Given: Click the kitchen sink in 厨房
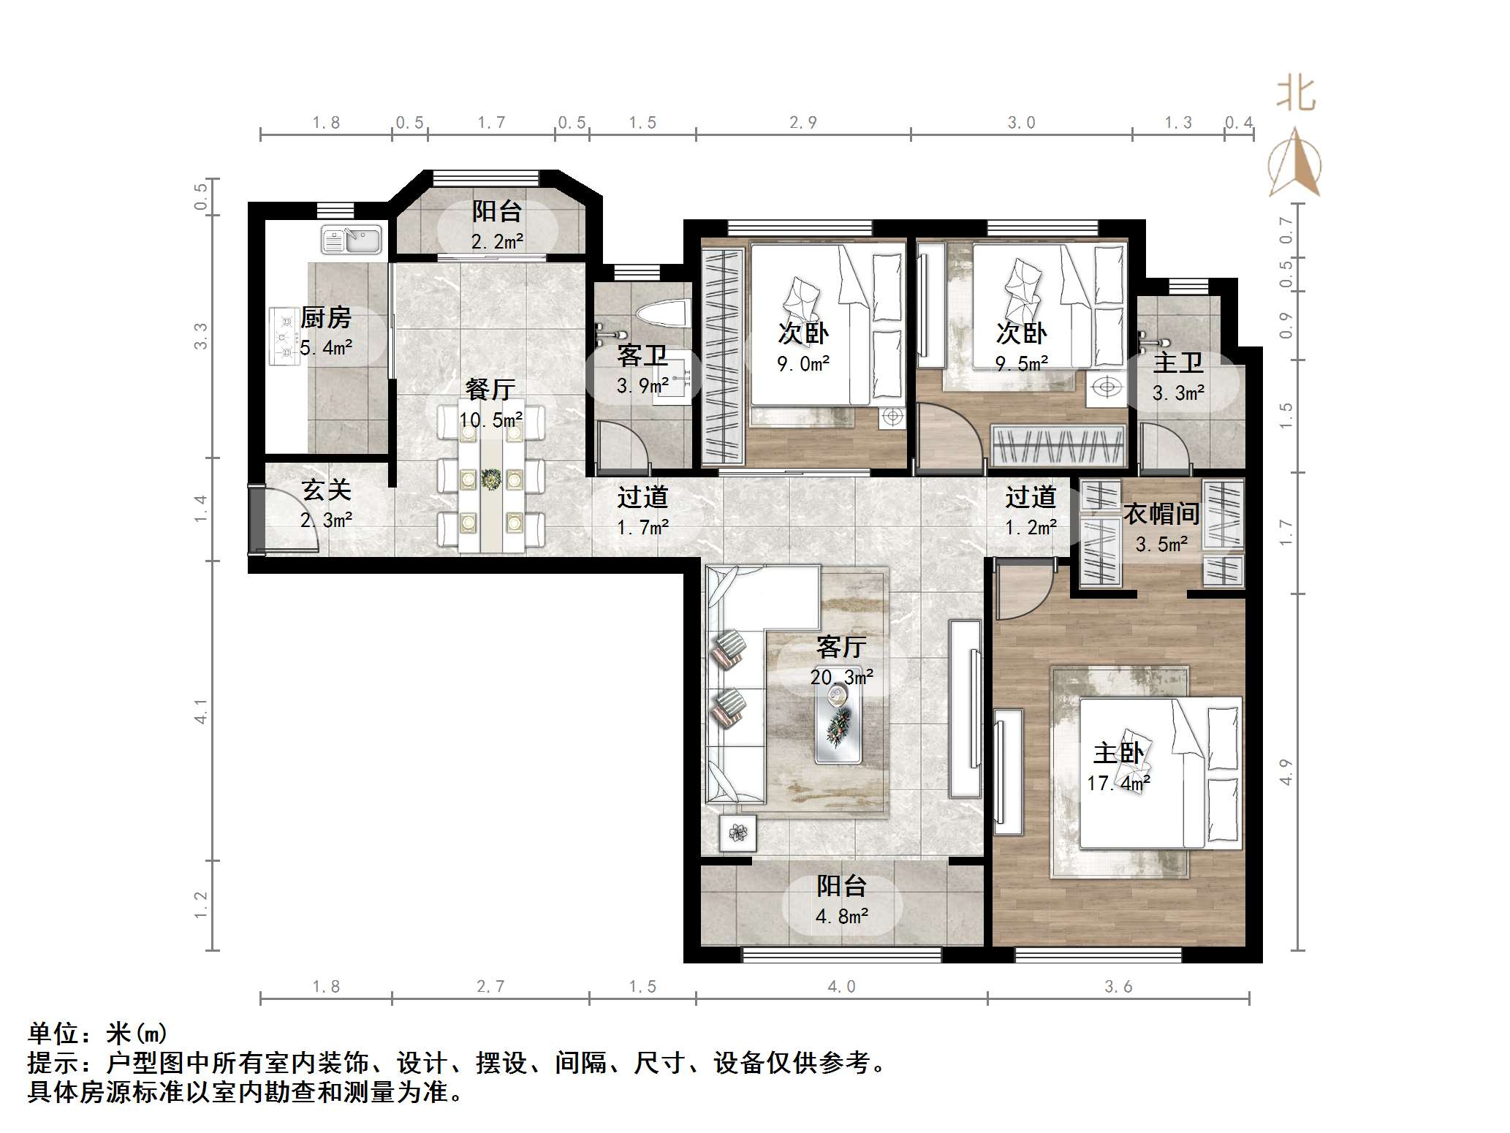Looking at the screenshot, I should [x=352, y=239].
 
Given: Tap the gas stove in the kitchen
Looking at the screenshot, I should [x=284, y=336].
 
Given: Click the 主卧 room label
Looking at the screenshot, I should [x=1118, y=753].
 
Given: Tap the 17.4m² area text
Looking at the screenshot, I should [x=1118, y=784].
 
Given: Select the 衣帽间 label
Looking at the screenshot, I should [x=1161, y=514].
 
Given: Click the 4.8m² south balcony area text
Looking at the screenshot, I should [x=841, y=917].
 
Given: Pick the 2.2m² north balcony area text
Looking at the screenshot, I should [x=497, y=241].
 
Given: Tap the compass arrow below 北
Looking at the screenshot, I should [x=1294, y=164].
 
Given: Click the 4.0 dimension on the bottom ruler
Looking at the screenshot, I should [x=841, y=987].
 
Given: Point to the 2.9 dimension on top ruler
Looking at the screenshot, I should [x=803, y=123].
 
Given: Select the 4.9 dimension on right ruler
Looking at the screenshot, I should [x=1286, y=772].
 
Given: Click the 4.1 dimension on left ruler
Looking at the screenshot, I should [x=200, y=711].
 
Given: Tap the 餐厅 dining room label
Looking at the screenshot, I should [x=490, y=390].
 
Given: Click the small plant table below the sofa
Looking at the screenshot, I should [x=737, y=833].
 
